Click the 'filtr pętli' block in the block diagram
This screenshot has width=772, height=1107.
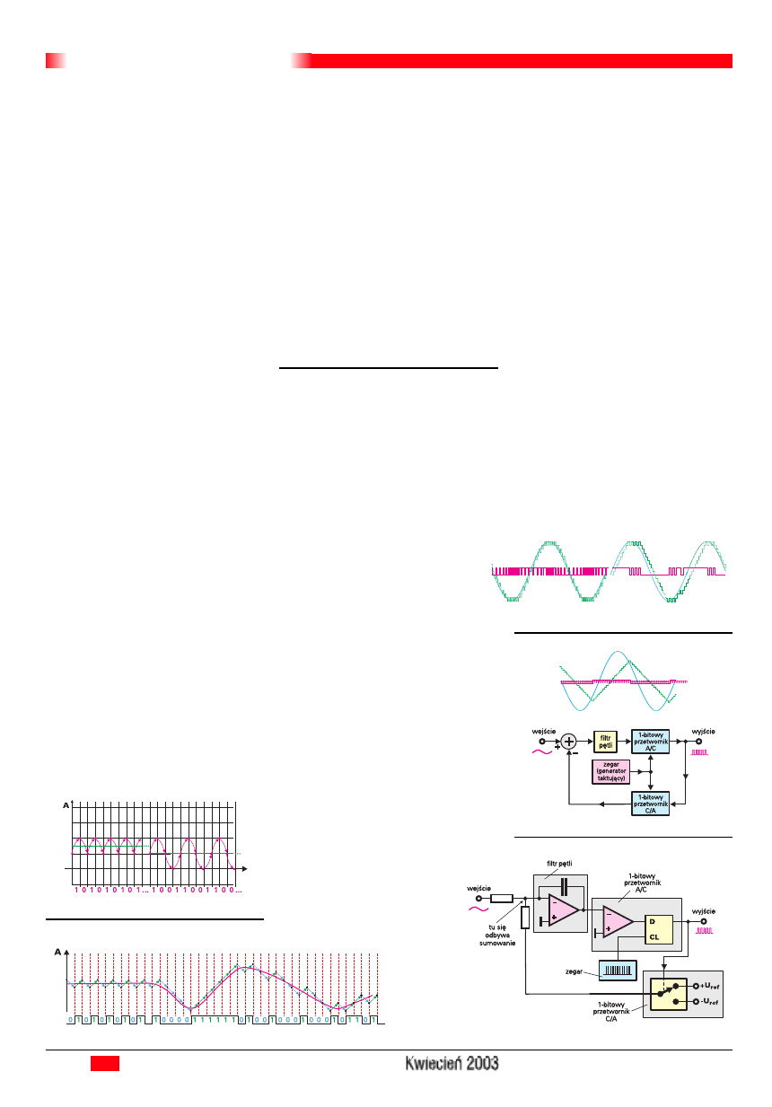(606, 741)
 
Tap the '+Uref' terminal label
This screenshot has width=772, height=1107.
(713, 986)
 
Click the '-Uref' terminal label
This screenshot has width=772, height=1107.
(713, 1001)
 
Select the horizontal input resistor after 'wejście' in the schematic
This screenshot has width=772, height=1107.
(501, 898)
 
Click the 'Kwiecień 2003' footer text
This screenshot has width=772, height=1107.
(452, 1063)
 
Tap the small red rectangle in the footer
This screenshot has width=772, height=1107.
(105, 1063)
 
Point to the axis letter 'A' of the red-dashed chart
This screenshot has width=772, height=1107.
(58, 951)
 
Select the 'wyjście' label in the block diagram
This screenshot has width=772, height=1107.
(704, 732)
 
